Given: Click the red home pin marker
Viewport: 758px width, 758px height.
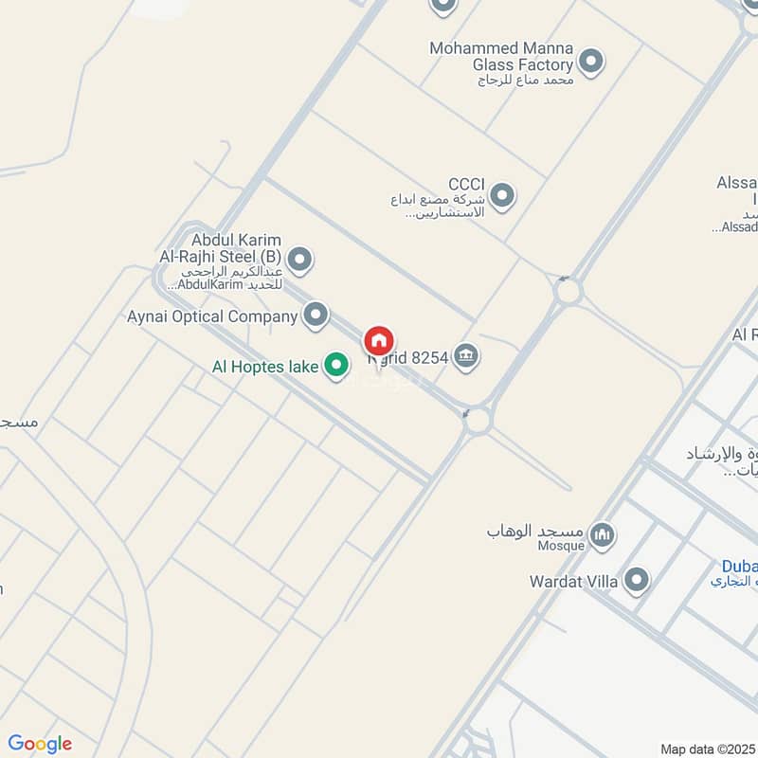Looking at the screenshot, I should (379, 341).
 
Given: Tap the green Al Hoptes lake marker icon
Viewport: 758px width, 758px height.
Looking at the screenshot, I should (335, 365).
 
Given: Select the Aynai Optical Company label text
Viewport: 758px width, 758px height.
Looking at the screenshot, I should (212, 316).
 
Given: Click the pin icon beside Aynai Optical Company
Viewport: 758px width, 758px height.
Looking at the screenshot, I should (316, 316).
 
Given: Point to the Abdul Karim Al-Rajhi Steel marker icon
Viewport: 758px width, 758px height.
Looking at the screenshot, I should (299, 258).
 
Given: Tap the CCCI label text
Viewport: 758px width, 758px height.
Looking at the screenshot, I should (467, 184).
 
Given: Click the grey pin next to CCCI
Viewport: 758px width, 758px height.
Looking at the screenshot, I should (502, 196).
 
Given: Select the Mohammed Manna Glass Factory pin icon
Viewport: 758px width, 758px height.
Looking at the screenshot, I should (591, 63).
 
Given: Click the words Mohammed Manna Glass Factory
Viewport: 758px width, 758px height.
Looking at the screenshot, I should (501, 56).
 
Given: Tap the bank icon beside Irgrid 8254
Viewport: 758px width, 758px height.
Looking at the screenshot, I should (466, 356).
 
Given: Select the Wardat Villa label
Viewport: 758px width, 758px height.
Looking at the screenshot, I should (574, 580).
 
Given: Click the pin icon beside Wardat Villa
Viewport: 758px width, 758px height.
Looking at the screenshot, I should (637, 580).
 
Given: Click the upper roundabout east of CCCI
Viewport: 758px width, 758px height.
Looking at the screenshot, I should (568, 291).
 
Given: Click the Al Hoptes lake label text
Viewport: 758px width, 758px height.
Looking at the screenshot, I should (266, 365).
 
